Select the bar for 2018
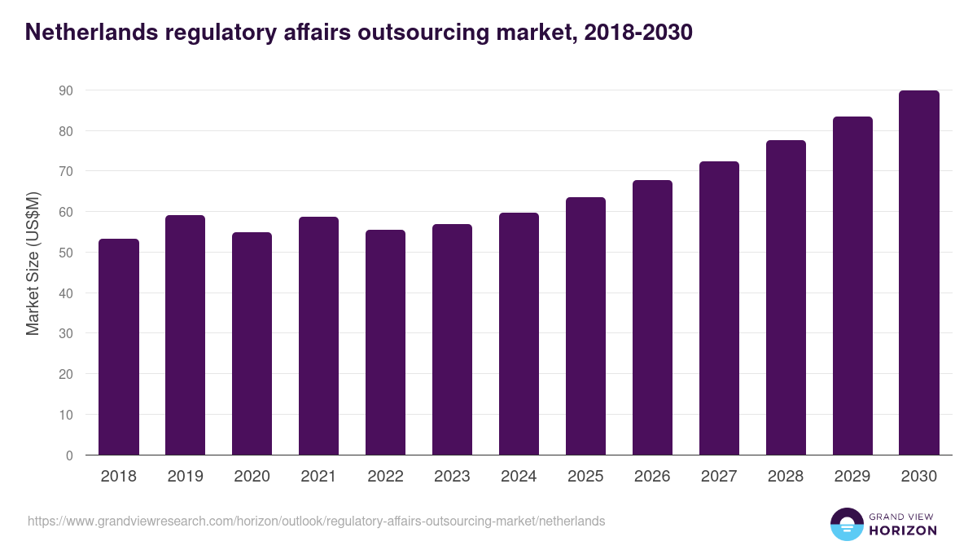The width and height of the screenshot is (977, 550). tap(119, 347)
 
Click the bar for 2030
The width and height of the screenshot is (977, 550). tap(919, 273)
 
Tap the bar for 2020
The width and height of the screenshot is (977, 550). tap(252, 344)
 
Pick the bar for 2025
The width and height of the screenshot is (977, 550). tap(586, 326)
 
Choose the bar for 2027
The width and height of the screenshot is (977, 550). tap(719, 308)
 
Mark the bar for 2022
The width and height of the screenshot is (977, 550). tap(386, 342)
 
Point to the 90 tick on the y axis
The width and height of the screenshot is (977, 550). tap(66, 90)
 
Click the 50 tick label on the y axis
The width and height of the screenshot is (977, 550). tap(66, 253)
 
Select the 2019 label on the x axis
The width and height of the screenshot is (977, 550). tap(186, 477)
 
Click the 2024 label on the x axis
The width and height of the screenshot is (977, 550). tap(519, 477)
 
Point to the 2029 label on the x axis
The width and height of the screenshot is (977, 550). tap(852, 477)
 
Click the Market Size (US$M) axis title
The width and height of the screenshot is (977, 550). tap(33, 262)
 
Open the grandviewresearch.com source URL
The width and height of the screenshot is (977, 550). tap(316, 521)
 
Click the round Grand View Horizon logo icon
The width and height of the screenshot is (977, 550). tap(846, 524)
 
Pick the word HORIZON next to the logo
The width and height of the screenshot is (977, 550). tap(902, 530)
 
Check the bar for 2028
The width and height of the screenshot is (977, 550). tap(786, 297)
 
